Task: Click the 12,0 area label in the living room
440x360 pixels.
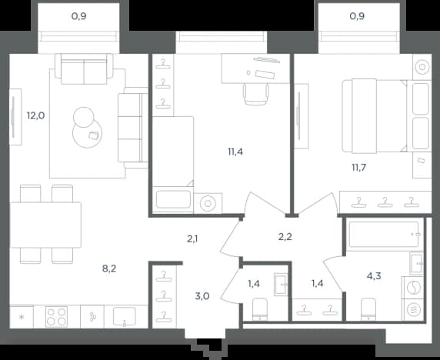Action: (35, 115)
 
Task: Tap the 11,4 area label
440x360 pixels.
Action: (235, 152)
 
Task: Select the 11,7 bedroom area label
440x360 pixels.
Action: (359, 168)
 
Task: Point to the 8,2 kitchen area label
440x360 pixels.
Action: (109, 268)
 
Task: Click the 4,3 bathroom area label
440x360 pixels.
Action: (374, 276)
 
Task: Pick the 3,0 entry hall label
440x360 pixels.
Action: (202, 296)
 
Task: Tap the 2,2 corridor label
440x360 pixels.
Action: (285, 237)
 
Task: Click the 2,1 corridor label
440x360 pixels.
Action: (192, 239)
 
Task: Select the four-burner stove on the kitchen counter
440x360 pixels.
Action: (56, 317)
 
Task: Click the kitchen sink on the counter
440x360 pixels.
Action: (125, 317)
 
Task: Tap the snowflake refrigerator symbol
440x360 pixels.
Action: (22, 318)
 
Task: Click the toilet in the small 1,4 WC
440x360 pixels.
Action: (260, 309)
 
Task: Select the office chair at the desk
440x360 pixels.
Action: (255, 95)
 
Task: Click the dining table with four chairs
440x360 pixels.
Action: (46, 225)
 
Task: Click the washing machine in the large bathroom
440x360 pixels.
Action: (414, 288)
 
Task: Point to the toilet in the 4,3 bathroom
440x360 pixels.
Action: (368, 309)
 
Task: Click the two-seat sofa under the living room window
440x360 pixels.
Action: (84, 69)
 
